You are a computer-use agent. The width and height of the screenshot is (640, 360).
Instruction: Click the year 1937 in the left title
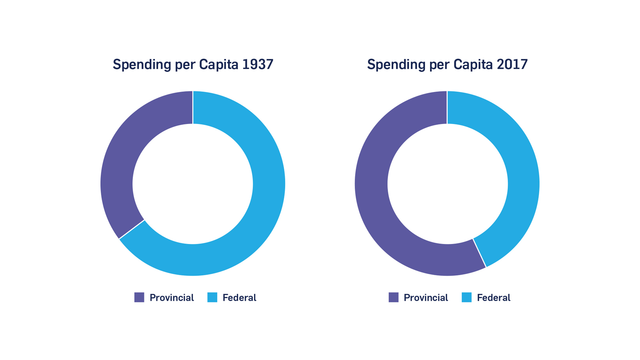point(258,64)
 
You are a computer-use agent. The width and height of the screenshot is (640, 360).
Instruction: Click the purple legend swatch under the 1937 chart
point(139,297)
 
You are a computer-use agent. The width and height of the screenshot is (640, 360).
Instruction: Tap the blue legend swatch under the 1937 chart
point(212,297)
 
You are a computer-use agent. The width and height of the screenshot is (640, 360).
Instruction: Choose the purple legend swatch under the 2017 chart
point(394,297)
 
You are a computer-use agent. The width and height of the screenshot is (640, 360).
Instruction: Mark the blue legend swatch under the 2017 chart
point(466,297)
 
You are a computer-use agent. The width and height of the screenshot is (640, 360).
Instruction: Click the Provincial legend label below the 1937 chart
point(172,298)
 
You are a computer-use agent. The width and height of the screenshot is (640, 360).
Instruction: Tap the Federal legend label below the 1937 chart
point(239,298)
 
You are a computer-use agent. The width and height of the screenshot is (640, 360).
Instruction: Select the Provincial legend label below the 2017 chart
point(426,298)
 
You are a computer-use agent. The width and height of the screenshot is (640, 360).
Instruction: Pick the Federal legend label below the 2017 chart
point(494,298)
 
